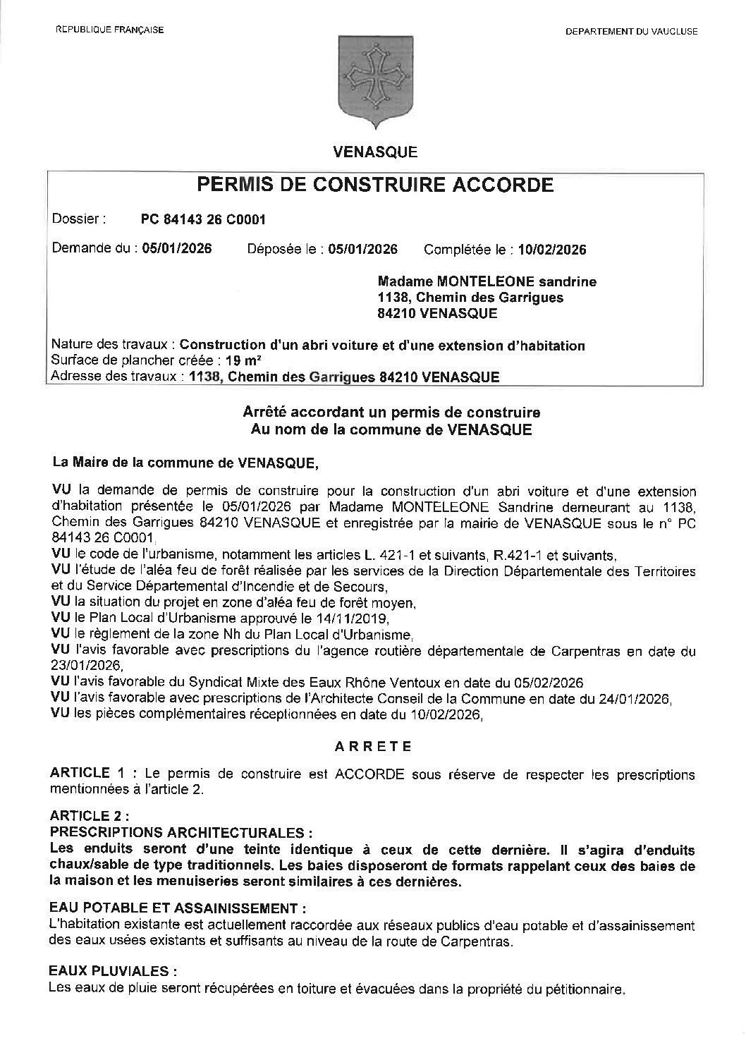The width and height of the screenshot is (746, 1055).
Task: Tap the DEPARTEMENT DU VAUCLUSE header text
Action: click(x=631, y=31)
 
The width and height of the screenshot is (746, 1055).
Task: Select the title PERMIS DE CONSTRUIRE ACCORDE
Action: click(x=375, y=185)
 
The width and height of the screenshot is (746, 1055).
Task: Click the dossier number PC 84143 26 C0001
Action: click(x=203, y=219)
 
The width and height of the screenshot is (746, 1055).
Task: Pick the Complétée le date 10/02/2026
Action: click(x=552, y=250)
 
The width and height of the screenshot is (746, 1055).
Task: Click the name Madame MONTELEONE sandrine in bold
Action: click(x=487, y=281)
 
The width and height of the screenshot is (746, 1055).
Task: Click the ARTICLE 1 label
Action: click(x=80, y=774)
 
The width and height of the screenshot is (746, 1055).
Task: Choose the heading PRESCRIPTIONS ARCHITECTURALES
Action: click(x=181, y=831)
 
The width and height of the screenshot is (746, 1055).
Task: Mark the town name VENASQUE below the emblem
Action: click(x=374, y=151)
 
